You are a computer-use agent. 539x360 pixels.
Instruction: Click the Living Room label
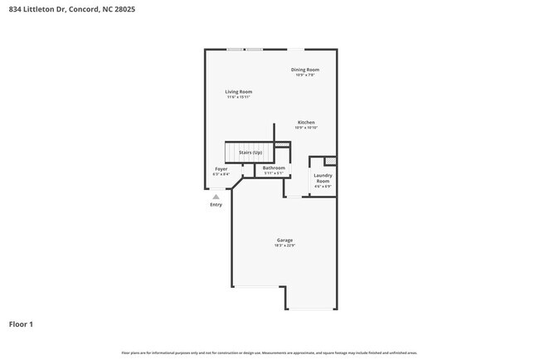[239, 91]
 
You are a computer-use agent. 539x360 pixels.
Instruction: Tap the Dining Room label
[305, 70]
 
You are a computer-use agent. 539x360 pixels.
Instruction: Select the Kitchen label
[307, 122]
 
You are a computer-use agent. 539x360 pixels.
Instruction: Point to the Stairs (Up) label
[250, 153]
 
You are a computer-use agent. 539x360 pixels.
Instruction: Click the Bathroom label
[274, 168]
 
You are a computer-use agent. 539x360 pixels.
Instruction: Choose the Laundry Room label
[323, 178]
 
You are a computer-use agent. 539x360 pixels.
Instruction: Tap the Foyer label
[221, 168]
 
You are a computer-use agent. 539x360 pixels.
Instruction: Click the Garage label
[284, 240]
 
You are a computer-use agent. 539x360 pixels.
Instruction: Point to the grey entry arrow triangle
[216, 197]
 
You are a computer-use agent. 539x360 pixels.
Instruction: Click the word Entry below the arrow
[216, 204]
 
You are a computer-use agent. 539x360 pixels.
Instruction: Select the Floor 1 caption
[22, 324]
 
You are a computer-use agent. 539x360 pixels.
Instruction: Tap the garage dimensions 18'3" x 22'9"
[284, 246]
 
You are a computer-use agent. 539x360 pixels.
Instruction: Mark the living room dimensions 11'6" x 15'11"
[239, 97]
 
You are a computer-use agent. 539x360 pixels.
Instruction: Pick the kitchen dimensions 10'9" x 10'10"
[307, 128]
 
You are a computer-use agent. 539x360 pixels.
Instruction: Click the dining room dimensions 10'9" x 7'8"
[305, 75]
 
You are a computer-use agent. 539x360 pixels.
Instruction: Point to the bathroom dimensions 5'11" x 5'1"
[274, 173]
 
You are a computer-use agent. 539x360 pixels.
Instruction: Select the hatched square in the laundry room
[330, 161]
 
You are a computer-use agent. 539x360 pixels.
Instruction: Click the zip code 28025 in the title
[125, 9]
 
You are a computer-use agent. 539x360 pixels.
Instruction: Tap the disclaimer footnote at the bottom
[269, 353]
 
